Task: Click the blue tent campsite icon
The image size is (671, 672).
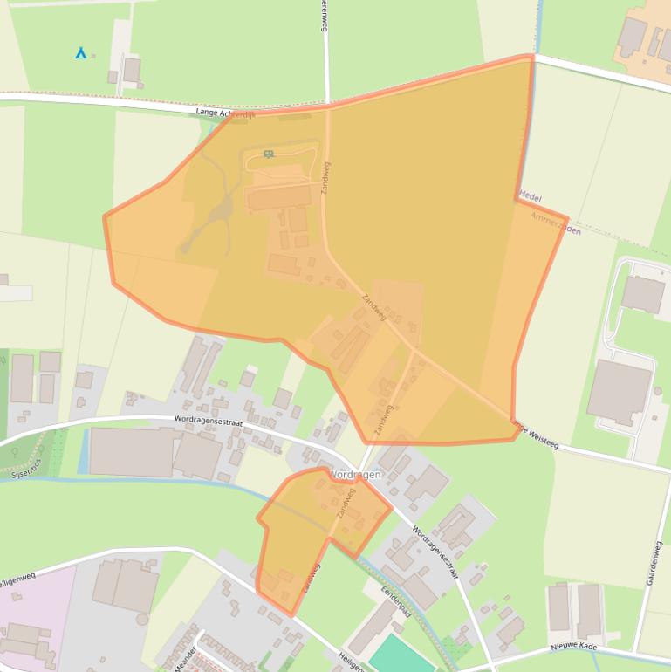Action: point(80,53)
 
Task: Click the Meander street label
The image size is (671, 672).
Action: point(186,655)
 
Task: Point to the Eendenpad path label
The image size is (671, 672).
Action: point(395,601)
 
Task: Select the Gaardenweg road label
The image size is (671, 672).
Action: point(654,562)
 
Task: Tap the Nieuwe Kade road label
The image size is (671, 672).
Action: point(573,647)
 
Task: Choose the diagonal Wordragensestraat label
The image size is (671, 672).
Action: point(435,551)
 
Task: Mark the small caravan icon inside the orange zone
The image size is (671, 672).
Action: point(268,154)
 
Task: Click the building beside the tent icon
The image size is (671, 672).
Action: point(132,70)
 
